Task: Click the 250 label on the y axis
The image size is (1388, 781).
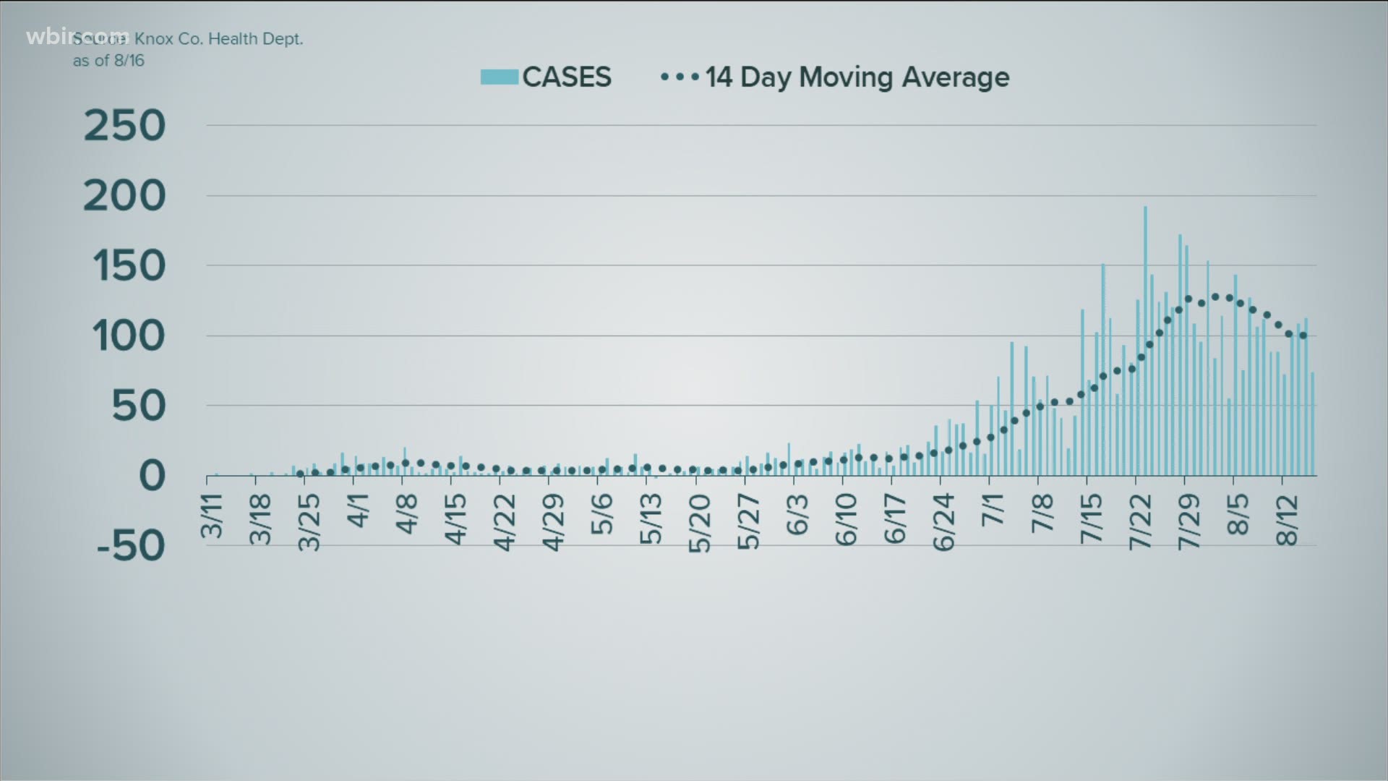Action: (x=124, y=127)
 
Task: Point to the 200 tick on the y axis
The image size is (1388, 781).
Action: (x=124, y=196)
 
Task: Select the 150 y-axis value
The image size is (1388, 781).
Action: (x=129, y=267)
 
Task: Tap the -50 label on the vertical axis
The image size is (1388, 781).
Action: (x=130, y=546)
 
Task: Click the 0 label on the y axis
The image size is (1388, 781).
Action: (x=151, y=477)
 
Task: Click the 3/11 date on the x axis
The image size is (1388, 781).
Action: (x=213, y=516)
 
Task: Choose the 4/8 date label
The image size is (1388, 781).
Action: (x=408, y=513)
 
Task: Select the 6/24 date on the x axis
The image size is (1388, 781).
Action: (x=944, y=522)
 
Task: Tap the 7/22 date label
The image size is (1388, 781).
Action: (x=1140, y=522)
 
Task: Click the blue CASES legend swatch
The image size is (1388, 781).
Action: (x=499, y=77)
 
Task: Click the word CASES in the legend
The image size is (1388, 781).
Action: (x=567, y=77)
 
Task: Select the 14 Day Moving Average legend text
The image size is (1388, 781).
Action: (x=857, y=77)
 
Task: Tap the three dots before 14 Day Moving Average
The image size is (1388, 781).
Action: (x=680, y=77)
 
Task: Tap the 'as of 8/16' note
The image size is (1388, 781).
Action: (x=108, y=61)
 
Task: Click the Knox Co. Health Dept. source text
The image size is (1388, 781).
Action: (x=218, y=39)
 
